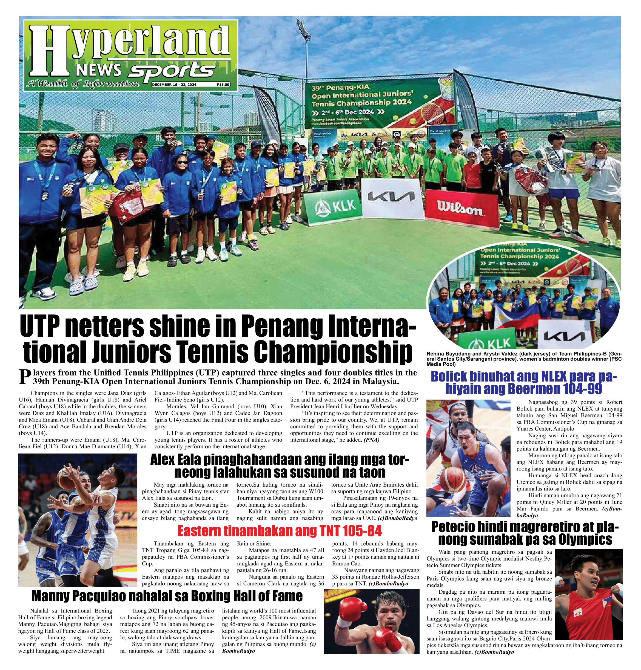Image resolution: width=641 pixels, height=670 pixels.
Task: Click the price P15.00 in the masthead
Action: coord(223,85)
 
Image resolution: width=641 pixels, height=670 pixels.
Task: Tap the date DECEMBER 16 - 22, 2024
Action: coord(174,85)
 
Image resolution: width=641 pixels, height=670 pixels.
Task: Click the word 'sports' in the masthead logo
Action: coord(173,70)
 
